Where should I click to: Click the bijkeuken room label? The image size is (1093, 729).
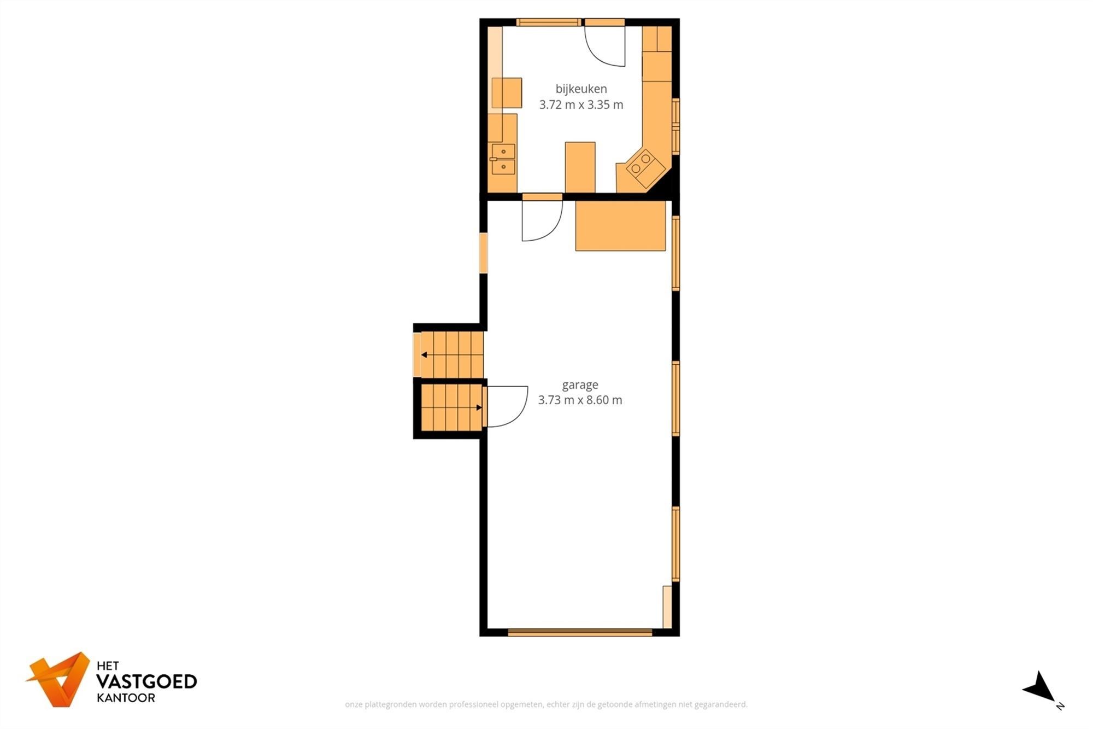click(x=581, y=89)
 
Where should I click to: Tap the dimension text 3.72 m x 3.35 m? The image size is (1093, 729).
click(x=581, y=104)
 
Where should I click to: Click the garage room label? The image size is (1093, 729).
click(x=580, y=384)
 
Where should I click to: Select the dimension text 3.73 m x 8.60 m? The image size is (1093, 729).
click(x=580, y=400)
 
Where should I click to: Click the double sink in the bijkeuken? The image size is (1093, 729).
click(x=503, y=159)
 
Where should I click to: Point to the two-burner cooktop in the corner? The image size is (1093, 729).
click(x=642, y=165)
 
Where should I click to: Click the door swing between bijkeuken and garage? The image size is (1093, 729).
click(x=540, y=220)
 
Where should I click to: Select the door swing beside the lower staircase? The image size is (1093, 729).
click(x=506, y=406)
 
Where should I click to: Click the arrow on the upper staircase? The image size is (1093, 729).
click(x=424, y=355)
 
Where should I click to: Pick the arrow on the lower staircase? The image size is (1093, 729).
click(x=479, y=407)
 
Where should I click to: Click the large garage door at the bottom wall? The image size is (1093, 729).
click(x=580, y=632)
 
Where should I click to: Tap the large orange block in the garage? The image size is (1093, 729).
click(x=620, y=225)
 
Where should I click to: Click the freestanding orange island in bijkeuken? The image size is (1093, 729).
click(x=580, y=167)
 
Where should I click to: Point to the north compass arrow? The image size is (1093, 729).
click(x=1042, y=689)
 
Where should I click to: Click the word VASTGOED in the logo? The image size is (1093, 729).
click(x=146, y=681)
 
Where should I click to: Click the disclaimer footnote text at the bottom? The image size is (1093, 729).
click(x=546, y=704)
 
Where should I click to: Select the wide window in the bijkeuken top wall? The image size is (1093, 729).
click(x=548, y=22)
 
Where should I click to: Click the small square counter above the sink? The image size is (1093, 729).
click(x=507, y=93)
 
